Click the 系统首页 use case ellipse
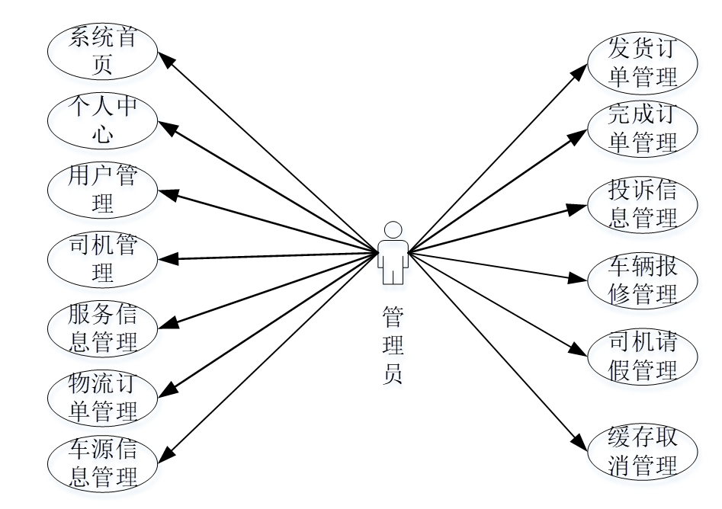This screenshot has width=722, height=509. pos(102,52)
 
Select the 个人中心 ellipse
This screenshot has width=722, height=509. pos(102,120)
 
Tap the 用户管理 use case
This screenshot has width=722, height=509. pos(102,189)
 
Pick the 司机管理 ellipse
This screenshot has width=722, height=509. pos(102,259)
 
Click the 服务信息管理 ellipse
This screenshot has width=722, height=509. pos(102,328)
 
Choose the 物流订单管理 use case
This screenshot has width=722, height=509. pos(102,398)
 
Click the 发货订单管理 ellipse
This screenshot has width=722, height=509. pos(643,64)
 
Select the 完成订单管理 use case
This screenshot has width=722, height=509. pos(643,130)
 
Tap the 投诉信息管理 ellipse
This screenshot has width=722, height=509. pos(643,205)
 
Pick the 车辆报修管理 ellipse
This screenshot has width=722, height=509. pos(643,280)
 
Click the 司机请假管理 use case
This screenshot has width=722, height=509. pos(643,356)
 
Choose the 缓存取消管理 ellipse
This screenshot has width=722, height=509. pos(643,452)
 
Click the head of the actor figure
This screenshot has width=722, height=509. pos(393,229)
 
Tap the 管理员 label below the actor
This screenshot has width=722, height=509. pos(393,345)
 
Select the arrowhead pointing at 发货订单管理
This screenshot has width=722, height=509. pos(579,73)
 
